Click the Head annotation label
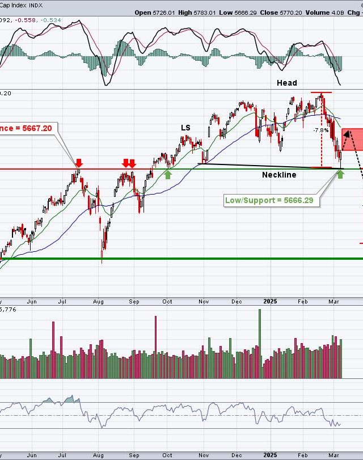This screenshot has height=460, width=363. pos(286,83)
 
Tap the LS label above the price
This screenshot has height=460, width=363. pos(185,128)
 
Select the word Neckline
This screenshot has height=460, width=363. pos(278,175)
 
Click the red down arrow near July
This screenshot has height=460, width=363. pos(79,163)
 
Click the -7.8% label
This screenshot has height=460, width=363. pos(321,130)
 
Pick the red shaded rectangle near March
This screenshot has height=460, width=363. pos(353,139)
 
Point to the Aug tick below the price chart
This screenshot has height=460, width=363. pos(98,302)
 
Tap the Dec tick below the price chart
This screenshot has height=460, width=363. pos(237,302)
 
